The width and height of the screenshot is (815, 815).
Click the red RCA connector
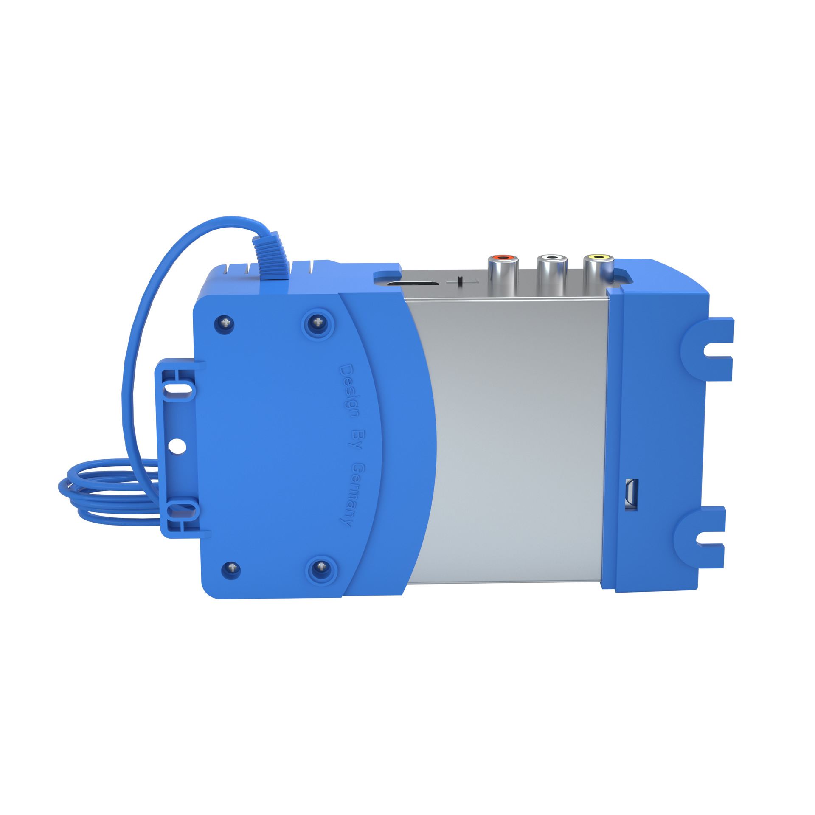click(503, 272)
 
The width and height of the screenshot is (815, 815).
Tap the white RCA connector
click(551, 272)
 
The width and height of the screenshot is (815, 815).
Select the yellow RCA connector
click(598, 272)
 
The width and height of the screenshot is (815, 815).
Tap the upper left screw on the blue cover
click(225, 323)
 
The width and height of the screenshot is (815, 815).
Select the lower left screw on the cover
click(231, 568)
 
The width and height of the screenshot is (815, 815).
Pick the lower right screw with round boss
click(322, 566)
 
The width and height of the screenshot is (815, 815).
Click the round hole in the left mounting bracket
click(177, 446)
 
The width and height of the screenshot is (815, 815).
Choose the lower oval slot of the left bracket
click(183, 509)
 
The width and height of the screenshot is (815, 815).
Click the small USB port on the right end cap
click(631, 494)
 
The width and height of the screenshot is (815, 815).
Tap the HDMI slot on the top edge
click(413, 283)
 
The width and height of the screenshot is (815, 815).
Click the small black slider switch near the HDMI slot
click(460, 281)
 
